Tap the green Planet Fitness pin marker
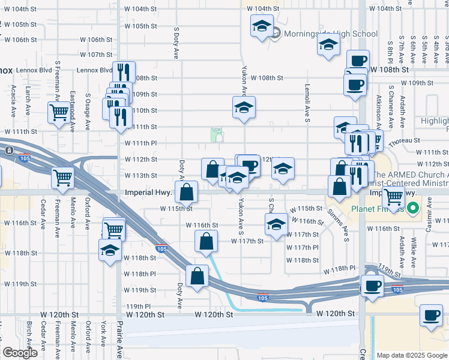point(412,209)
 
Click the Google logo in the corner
point(20,353)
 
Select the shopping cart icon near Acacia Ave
point(59,112)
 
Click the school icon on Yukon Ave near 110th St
point(244,107)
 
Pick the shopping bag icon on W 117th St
point(206,241)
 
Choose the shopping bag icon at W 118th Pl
point(197,275)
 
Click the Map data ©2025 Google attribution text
point(411,355)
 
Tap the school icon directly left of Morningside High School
point(261,26)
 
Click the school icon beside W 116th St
point(276,225)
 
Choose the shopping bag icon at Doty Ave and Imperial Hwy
point(187,192)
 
